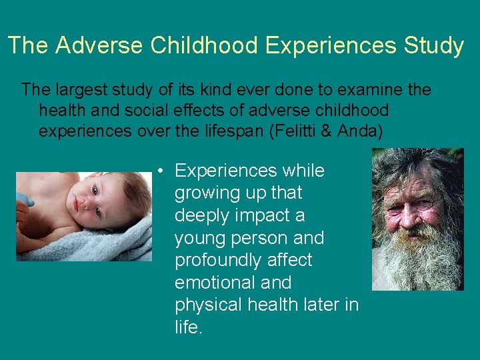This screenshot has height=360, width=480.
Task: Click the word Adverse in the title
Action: click(x=99, y=45)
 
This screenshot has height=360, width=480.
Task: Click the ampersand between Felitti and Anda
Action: click(x=327, y=131)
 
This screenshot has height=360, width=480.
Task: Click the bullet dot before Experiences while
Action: click(x=162, y=171)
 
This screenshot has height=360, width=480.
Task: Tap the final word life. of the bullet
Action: click(x=187, y=327)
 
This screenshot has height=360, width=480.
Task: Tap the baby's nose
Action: click(x=85, y=205)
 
